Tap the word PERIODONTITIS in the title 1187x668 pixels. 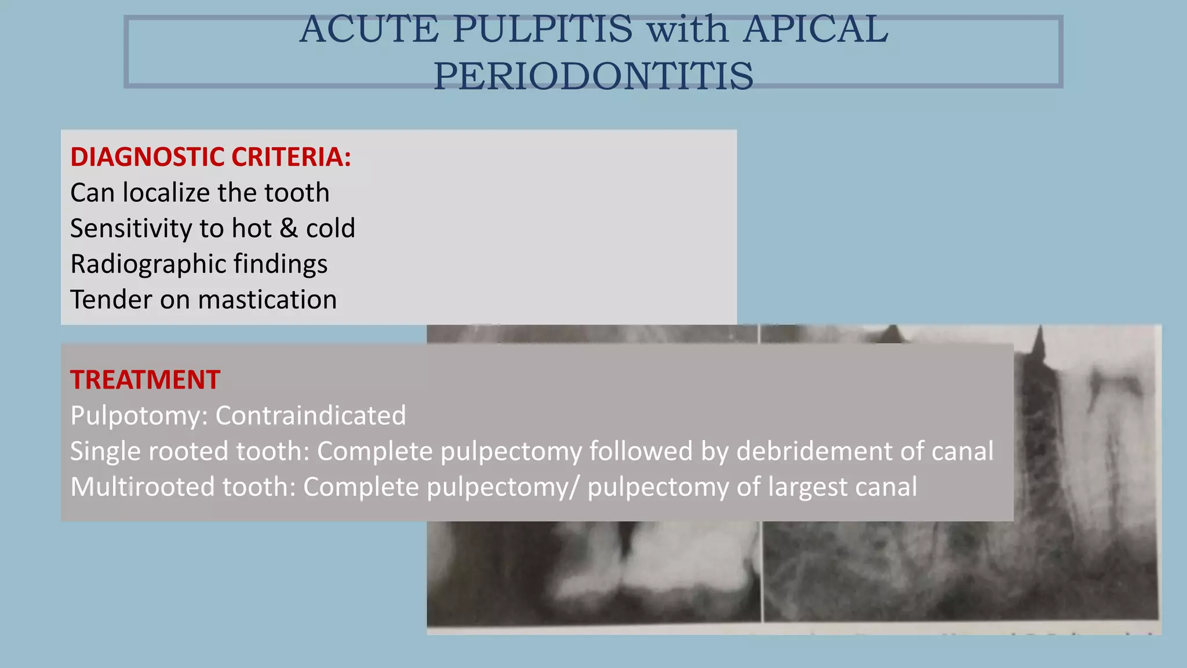tap(593, 76)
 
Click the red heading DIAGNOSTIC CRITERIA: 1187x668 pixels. tap(210, 157)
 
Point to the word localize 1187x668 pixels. tap(166, 193)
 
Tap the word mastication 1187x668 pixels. tap(267, 300)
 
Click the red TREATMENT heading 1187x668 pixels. tap(145, 380)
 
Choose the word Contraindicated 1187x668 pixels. tap(311, 415)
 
